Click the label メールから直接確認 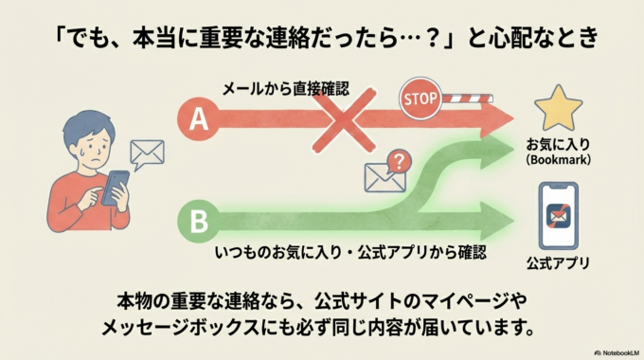coord(286,90)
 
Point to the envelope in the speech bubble coord(148,153)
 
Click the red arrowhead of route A coord(496,119)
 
